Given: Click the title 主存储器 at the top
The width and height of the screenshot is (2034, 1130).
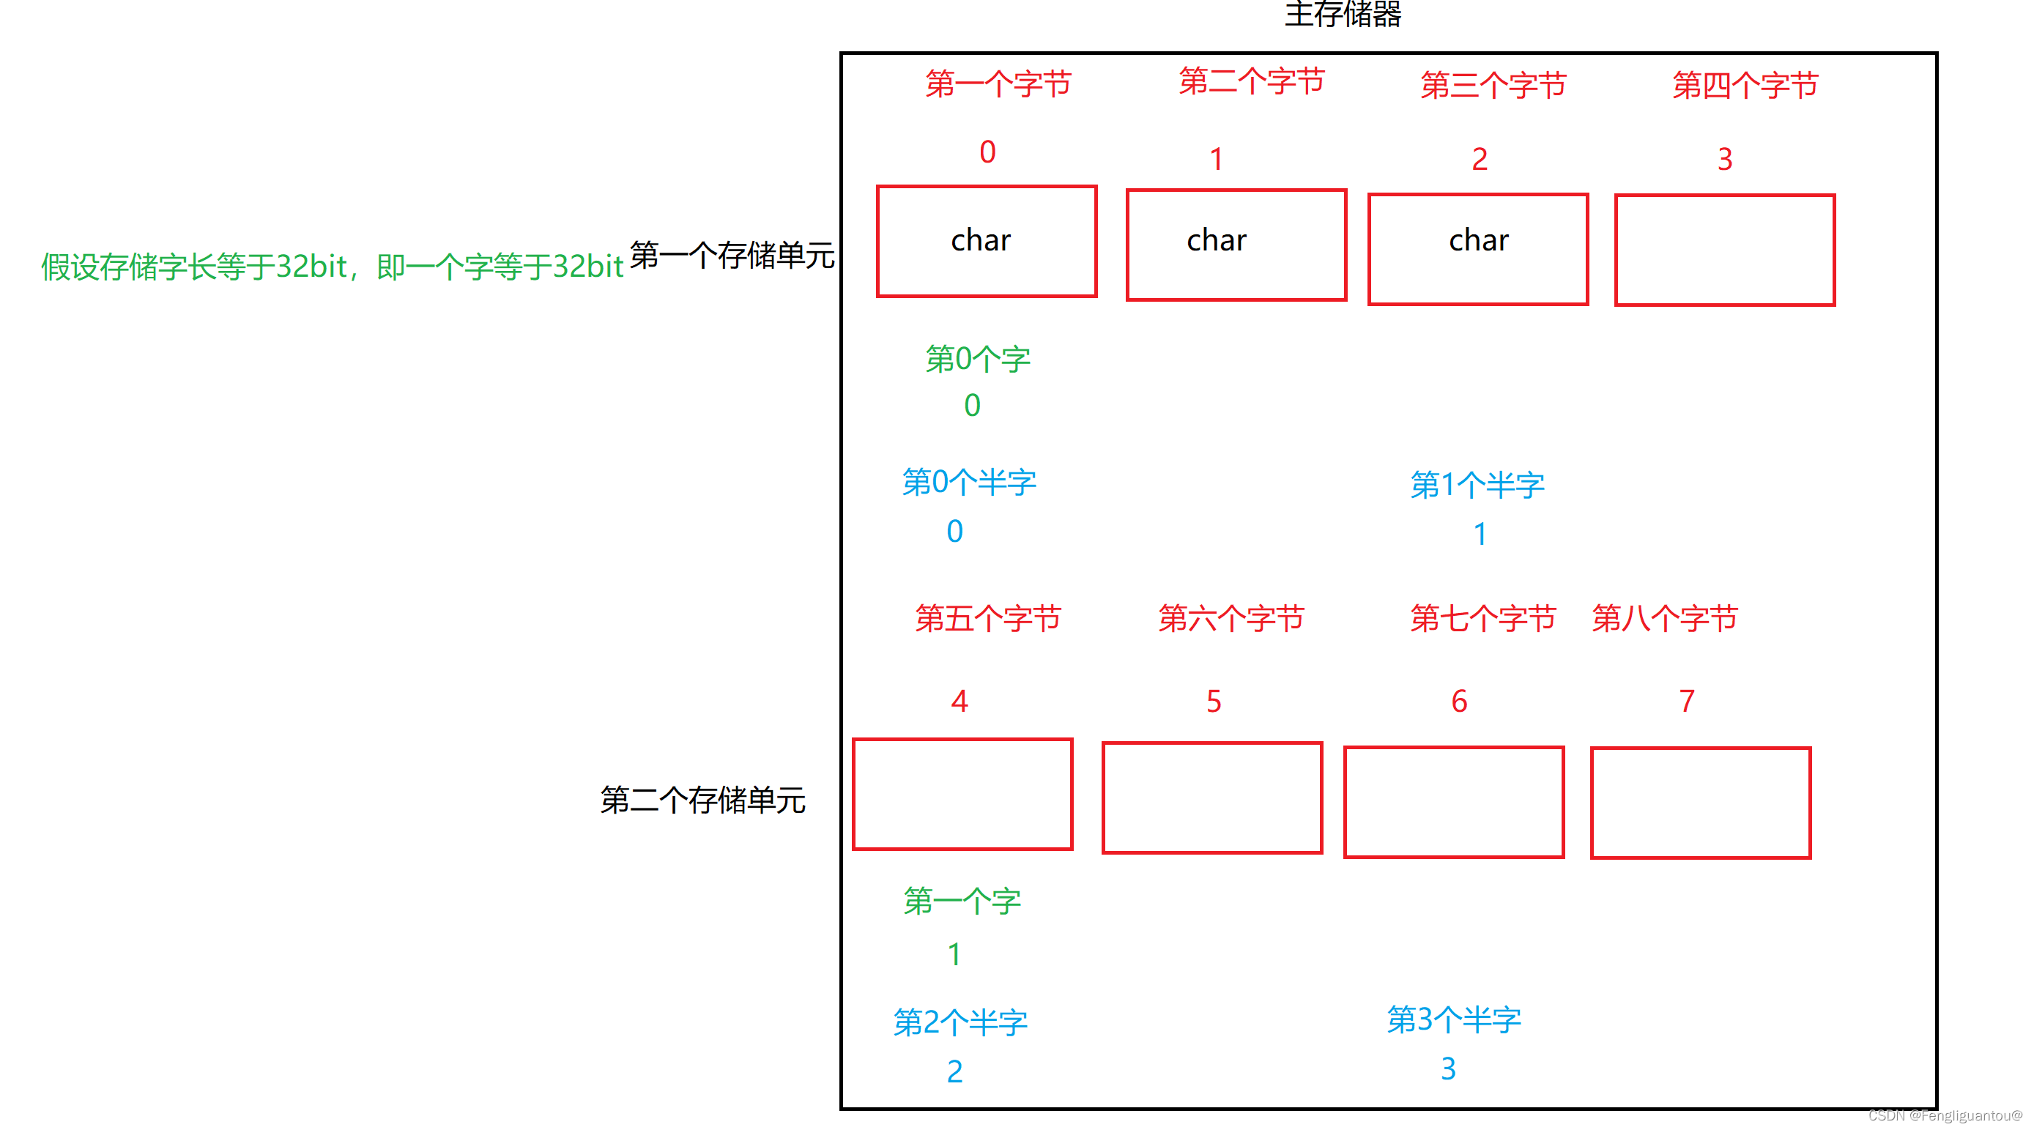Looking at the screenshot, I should click(x=1343, y=14).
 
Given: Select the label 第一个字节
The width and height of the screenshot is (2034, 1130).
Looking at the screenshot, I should click(x=998, y=83).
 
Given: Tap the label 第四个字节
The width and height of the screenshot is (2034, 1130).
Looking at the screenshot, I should click(x=1745, y=85).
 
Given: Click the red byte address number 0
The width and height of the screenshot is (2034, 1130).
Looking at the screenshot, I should click(x=987, y=152).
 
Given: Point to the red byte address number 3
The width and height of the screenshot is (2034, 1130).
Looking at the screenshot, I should click(x=1724, y=160).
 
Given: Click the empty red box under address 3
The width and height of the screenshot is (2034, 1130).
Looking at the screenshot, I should click(x=1724, y=250).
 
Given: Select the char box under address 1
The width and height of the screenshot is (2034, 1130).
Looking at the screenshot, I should click(x=1236, y=244).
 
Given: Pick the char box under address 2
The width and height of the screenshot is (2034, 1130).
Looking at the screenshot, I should click(x=1477, y=248).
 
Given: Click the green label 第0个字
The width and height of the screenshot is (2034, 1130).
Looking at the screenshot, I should click(x=978, y=360).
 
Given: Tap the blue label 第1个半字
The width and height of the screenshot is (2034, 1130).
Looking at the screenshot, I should click(x=1477, y=485).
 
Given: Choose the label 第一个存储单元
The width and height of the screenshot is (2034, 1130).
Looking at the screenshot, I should click(x=732, y=255).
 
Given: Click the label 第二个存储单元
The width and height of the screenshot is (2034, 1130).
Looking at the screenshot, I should click(x=702, y=800).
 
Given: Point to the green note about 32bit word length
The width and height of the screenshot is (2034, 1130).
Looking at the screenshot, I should click(x=332, y=267).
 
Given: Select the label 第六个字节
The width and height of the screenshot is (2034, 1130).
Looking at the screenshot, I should click(x=1231, y=618).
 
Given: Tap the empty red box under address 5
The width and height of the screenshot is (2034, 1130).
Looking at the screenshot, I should click(x=1212, y=798).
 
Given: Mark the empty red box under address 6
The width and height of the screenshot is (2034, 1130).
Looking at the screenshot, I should click(x=1454, y=801).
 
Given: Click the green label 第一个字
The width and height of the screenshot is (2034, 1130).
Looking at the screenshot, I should click(x=962, y=901).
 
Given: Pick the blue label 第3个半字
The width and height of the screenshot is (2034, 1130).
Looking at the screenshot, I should click(x=1454, y=1019).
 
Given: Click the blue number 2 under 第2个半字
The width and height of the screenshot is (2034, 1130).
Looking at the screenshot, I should click(x=954, y=1071).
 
